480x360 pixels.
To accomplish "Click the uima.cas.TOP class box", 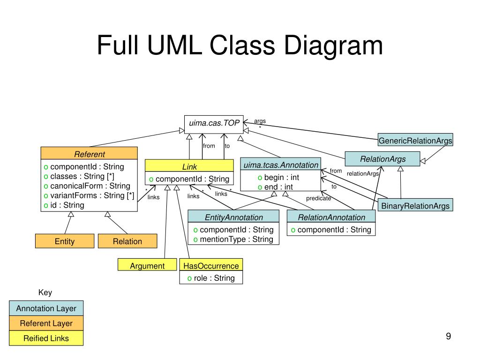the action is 214,124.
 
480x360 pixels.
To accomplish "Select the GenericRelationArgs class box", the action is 415,140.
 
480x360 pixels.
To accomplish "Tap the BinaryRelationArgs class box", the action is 415,205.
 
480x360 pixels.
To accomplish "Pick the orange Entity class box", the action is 65,241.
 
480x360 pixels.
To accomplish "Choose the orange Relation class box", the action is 127,241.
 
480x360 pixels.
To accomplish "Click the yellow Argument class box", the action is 147,265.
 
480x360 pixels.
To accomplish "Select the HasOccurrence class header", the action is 211,265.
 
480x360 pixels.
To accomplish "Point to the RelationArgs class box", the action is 382,159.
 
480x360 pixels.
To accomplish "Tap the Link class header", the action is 189,165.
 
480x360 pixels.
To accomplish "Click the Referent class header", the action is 89,153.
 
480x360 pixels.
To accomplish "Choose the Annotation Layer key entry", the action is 46,308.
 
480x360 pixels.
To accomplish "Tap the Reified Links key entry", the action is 46,338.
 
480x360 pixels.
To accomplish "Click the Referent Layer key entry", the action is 46,323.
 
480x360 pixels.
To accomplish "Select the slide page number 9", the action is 449,336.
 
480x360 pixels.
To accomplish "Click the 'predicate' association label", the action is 318,198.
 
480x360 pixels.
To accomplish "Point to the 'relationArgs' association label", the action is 363,173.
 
